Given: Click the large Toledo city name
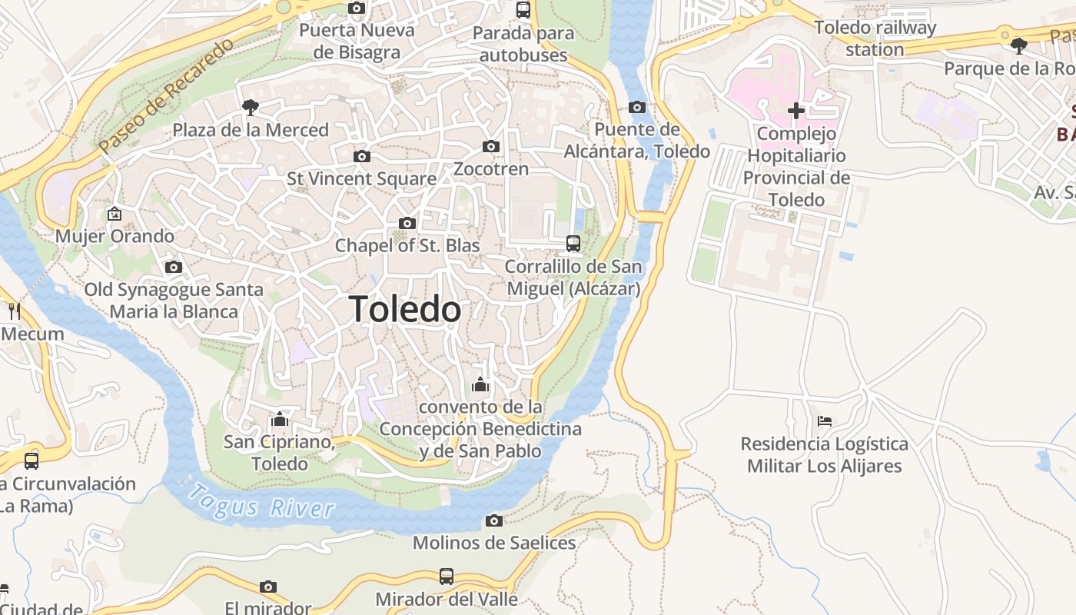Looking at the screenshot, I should coord(405,309).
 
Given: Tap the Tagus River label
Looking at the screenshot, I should coord(261,500).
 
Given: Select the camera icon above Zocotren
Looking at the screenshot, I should coord(491,146).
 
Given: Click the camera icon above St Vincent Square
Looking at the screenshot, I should coord(361,156).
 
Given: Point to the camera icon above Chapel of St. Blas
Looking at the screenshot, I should coord(407,224).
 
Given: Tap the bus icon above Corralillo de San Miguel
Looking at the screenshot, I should coord(573,244).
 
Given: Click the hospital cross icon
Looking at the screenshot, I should coord(796,111).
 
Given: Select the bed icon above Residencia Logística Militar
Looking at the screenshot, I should coord(825,421).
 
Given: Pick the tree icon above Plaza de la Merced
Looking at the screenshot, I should coord(250,107).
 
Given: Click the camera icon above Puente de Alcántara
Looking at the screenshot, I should coord(636,107).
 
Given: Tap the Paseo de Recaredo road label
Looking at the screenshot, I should coord(166,95).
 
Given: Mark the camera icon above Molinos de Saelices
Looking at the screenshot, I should coord(494,520).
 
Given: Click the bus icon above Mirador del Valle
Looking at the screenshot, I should coord(446,576).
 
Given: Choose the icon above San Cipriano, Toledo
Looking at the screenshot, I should coord(280,420).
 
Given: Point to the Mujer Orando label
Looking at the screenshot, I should coord(115,236).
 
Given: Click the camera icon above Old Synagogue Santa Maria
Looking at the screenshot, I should coord(174,267).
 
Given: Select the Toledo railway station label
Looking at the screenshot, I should coord(875,38).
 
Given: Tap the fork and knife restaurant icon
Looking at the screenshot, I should coord(15,311).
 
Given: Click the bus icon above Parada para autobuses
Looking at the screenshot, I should coord(523,10).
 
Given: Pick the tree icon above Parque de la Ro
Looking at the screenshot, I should coord(1019,46).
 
